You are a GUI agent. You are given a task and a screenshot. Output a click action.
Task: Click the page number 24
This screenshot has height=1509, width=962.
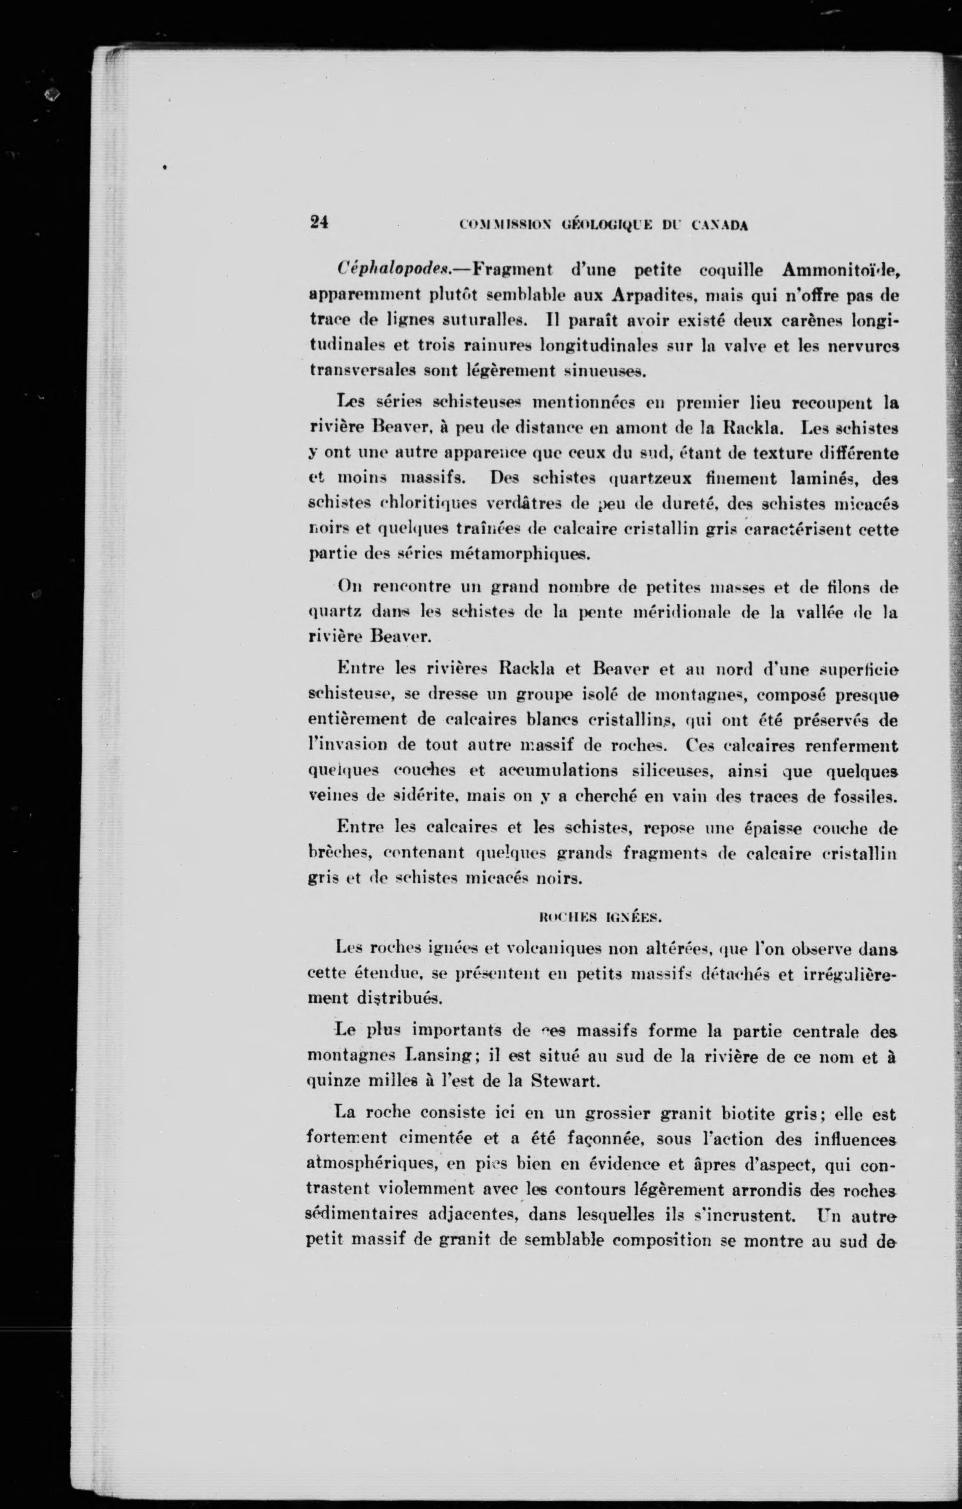pos(320,223)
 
